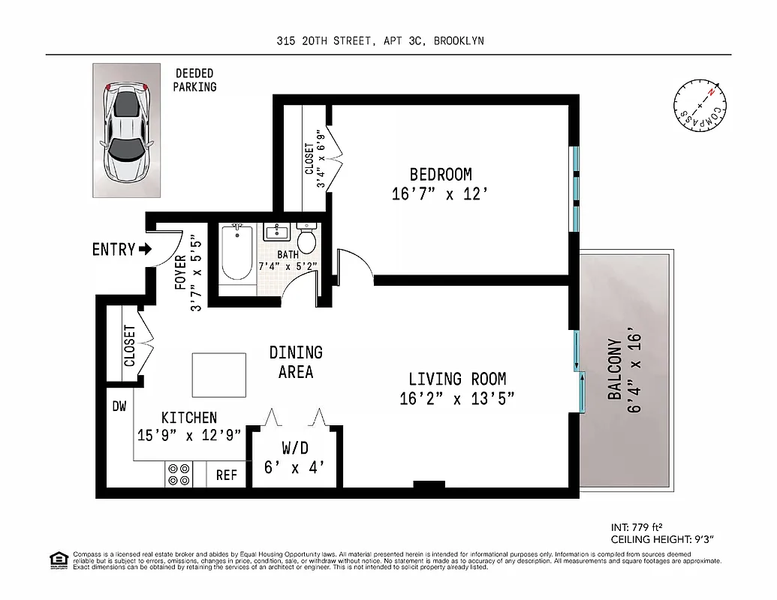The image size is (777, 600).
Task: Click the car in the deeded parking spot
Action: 126,132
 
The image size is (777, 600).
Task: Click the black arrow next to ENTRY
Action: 145,249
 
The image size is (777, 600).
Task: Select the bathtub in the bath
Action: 237,256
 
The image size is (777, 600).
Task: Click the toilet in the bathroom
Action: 307,239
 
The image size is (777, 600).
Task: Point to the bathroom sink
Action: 276,232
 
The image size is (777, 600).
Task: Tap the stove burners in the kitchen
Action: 179,475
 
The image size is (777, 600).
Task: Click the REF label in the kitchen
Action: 226,475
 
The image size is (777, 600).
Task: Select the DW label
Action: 119,406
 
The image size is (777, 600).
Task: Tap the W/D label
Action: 295,448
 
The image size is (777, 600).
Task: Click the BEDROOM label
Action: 441,175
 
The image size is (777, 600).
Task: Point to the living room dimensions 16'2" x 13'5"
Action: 456,399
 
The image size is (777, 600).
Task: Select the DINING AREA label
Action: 296,361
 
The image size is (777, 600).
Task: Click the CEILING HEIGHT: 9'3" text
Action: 661,538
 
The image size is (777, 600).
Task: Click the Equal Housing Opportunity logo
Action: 56,559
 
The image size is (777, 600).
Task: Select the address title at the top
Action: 379,41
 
